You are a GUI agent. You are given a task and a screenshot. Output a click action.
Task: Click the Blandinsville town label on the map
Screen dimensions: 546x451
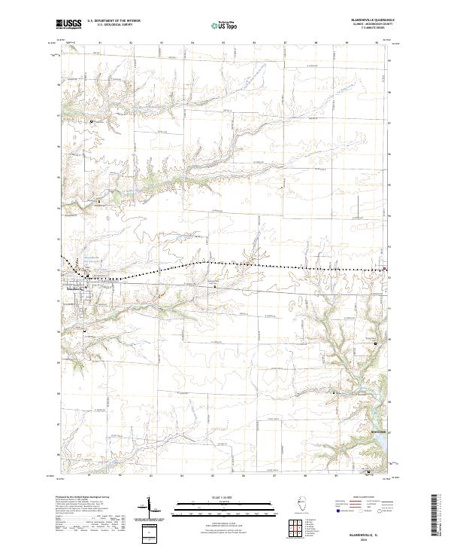point(77,286)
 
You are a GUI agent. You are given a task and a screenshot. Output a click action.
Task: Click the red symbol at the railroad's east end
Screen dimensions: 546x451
point(386,269)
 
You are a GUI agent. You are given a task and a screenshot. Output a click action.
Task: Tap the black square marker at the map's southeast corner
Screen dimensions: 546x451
point(368,472)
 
